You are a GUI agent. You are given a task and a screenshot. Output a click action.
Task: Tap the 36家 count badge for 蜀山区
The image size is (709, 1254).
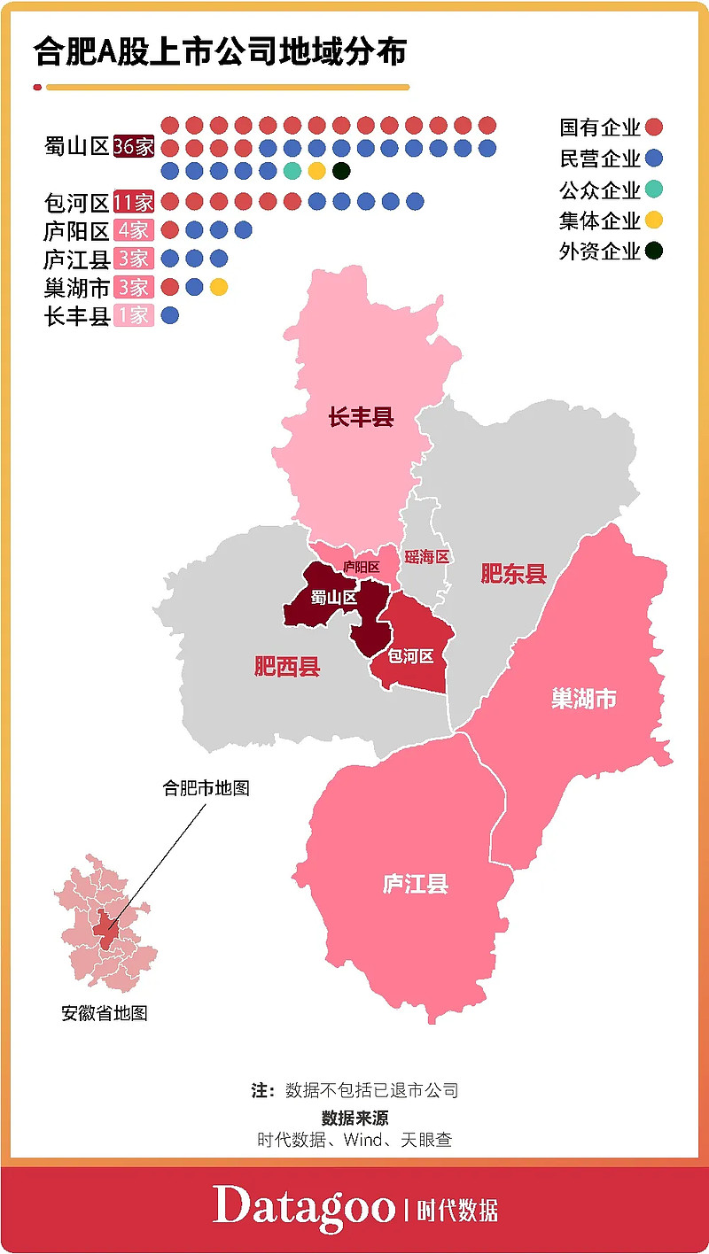coord(134,147)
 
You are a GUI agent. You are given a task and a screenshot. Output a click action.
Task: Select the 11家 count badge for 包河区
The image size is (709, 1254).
coord(134,203)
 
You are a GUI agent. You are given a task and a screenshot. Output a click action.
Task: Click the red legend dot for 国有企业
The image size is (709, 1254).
coord(655,128)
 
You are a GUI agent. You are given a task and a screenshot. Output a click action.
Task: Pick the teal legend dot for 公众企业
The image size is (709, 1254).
coord(655,190)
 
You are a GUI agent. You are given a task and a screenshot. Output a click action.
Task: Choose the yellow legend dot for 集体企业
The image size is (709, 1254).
coord(655,220)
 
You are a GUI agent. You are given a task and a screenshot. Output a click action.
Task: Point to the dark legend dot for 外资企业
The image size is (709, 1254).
coord(655,251)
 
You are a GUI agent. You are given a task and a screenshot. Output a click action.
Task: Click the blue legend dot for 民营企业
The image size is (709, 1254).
coord(655,159)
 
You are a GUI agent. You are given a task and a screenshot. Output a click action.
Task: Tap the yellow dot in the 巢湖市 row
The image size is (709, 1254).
coord(219,287)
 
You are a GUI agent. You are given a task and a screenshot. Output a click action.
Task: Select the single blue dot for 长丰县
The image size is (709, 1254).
coord(170,315)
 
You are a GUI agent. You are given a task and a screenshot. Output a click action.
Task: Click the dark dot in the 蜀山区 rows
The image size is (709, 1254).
coord(341,170)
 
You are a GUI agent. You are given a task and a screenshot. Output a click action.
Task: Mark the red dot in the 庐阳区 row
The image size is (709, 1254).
coord(170,230)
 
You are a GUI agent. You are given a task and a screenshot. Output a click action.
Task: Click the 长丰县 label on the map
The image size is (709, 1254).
coord(361,417)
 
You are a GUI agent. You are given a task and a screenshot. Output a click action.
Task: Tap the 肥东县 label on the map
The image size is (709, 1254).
coord(514,574)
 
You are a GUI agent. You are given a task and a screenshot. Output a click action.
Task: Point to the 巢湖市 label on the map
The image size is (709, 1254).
coord(583,699)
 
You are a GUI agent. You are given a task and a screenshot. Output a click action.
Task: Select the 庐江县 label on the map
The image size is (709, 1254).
coord(415,883)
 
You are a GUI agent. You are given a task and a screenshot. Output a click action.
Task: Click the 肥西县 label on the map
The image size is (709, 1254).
coord(286,667)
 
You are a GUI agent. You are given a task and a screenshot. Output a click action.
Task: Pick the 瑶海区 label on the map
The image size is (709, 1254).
coord(427,557)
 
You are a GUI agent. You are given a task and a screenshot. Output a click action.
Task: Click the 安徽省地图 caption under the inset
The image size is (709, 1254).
coord(105,1013)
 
